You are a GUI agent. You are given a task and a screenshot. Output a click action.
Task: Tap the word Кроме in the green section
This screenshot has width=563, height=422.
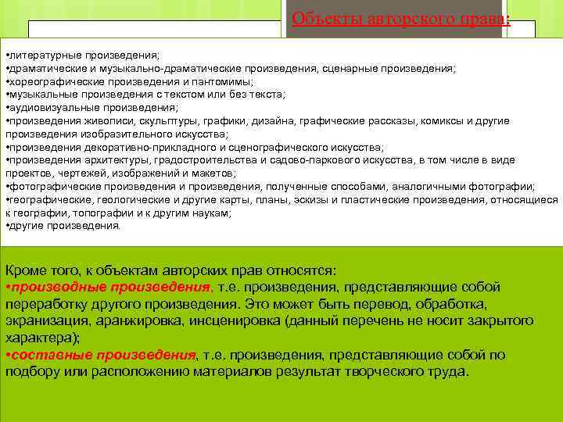[26, 270]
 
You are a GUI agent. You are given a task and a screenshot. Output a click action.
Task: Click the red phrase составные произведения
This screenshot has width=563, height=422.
[102, 355]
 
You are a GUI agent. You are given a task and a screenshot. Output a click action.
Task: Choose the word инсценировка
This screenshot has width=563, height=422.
[249, 320]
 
